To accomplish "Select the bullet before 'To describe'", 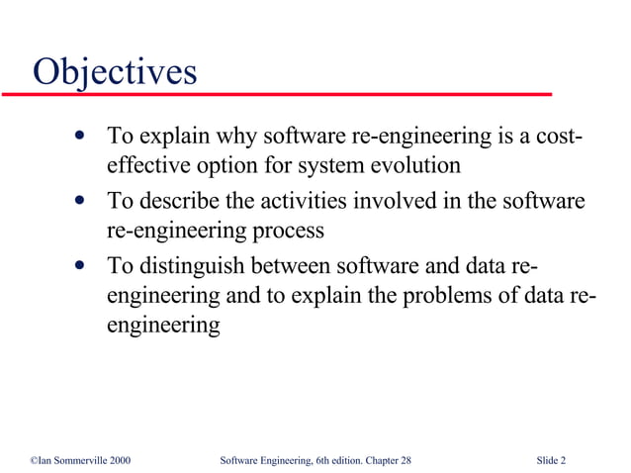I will point(78,201).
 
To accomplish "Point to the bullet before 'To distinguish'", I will point(78,265).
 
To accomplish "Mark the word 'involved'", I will point(418,201).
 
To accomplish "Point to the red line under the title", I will point(277,94).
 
